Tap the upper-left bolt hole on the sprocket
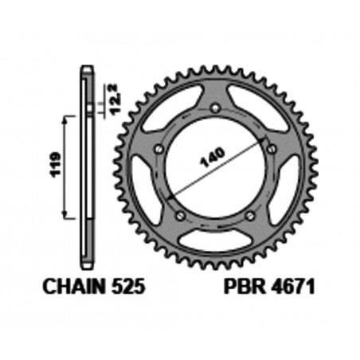(159, 149)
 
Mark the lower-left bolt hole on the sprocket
(180, 216)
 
